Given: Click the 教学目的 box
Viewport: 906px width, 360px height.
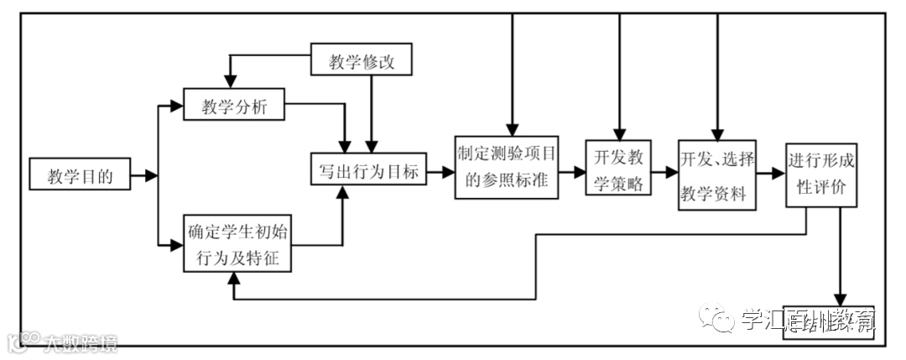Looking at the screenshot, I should pos(80,175).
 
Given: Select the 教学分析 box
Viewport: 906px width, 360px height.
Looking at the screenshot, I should pos(233,107).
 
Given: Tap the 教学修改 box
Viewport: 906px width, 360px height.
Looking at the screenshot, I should pos(362,61).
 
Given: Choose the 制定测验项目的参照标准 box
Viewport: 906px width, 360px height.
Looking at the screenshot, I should pos(508,167).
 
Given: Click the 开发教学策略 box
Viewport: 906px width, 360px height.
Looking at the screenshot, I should pos(618,168).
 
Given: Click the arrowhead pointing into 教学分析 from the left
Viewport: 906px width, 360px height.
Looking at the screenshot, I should pos(176,107).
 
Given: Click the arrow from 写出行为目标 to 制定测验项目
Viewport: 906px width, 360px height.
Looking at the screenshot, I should pos(441,174).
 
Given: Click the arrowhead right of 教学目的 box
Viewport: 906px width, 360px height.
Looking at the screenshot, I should pos(151,176).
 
